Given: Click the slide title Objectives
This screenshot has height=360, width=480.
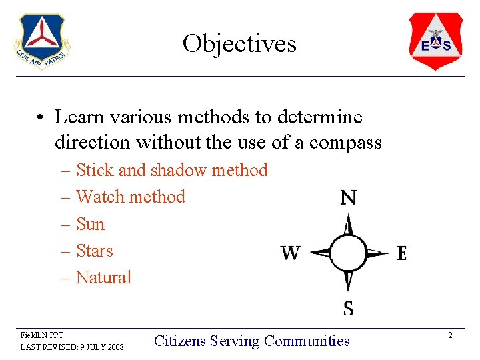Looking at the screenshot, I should (x=239, y=44).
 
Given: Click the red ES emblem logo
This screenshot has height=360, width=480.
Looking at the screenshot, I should (x=435, y=41).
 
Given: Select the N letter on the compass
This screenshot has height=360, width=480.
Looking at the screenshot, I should (x=348, y=198).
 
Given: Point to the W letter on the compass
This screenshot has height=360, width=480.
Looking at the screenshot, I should (x=290, y=253).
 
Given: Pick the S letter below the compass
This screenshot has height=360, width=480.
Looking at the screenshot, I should (x=348, y=308).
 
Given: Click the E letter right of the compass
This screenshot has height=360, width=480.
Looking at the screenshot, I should (x=401, y=253).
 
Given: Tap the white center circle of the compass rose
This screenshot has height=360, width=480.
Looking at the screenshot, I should (x=348, y=253).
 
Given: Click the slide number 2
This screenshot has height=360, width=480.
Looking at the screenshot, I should (x=450, y=335).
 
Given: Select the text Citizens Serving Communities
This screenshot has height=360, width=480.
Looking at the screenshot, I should (x=251, y=341).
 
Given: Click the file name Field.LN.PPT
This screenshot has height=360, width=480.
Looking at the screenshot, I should (x=42, y=335).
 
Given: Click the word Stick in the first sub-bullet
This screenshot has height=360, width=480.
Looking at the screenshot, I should (x=95, y=171).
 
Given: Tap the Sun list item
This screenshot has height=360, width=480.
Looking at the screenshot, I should (x=91, y=224).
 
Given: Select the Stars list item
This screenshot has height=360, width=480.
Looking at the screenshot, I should (x=95, y=251).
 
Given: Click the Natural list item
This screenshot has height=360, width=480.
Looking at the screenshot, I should (x=104, y=277).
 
